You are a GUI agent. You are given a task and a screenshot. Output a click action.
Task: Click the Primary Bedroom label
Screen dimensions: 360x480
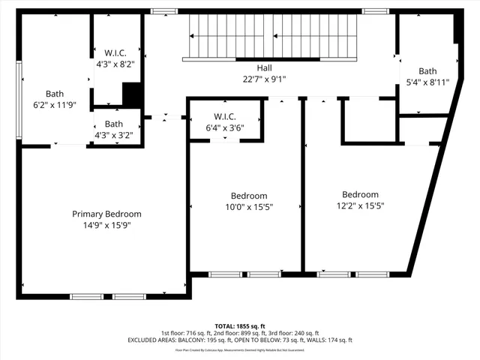tap(106, 214)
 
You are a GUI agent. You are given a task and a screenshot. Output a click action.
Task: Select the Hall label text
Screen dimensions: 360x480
tap(244, 67)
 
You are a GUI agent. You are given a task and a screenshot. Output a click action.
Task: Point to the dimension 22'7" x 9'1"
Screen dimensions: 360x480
tap(244, 78)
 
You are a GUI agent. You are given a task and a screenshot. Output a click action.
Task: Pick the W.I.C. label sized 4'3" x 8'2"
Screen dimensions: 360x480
tap(115, 52)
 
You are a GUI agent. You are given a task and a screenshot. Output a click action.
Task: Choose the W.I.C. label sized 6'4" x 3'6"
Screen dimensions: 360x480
tap(225, 116)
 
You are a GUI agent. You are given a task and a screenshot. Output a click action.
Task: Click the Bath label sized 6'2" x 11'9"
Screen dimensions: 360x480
tap(49, 94)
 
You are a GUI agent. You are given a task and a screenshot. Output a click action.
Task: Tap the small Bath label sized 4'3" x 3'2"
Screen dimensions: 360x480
tap(114, 124)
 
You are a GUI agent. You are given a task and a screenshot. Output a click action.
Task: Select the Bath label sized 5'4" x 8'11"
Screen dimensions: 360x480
tap(427, 71)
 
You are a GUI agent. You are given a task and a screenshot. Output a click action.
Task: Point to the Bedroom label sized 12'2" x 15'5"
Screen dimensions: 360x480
tap(360, 194)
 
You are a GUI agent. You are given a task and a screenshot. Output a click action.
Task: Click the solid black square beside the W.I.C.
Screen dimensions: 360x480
tap(132, 94)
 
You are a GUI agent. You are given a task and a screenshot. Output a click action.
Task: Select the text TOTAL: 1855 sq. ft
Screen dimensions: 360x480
tap(240, 326)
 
